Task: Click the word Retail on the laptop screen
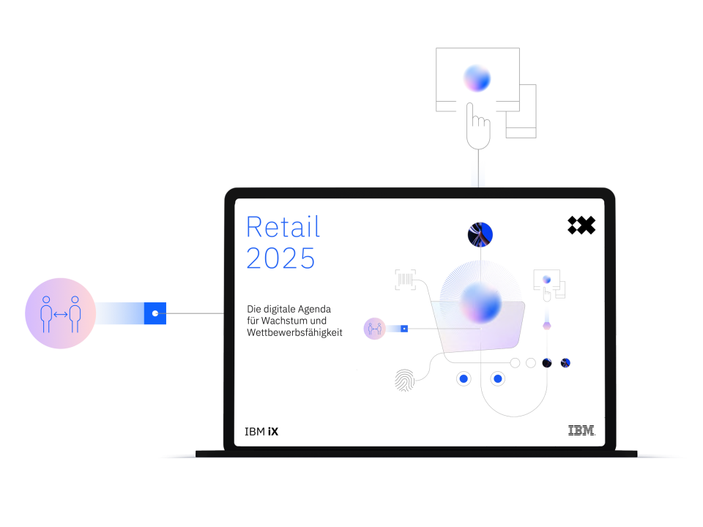[283, 227]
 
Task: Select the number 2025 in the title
[280, 258]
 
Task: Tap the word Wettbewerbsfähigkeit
[294, 332]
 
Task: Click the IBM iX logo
[261, 432]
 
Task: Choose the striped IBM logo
[581, 430]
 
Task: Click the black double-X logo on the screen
[581, 225]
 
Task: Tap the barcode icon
[405, 280]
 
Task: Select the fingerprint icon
[405, 380]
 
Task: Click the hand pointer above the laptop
[478, 127]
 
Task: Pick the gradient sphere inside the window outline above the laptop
[477, 78]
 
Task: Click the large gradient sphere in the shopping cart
[480, 302]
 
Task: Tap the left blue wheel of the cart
[464, 379]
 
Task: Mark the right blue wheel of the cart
[498, 379]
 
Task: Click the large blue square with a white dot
[155, 313]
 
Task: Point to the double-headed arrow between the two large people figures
[61, 315]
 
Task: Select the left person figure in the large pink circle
[46, 314]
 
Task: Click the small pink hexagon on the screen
[546, 326]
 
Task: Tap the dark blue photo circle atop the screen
[480, 234]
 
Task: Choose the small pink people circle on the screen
[374, 329]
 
